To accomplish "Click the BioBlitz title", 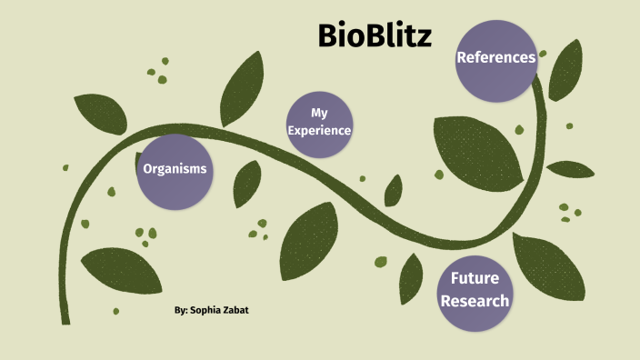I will click(x=375, y=35).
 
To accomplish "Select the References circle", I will click(x=495, y=58).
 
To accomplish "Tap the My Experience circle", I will click(x=318, y=122).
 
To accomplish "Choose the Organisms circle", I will click(x=175, y=169).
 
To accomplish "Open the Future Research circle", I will click(x=474, y=289).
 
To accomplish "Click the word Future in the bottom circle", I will click(x=474, y=278).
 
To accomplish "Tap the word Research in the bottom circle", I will click(x=474, y=300).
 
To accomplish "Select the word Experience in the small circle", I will click(x=319, y=131).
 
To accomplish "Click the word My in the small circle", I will click(x=318, y=113).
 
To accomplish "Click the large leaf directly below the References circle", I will click(x=477, y=150).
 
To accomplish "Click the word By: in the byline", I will click(x=180, y=310).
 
